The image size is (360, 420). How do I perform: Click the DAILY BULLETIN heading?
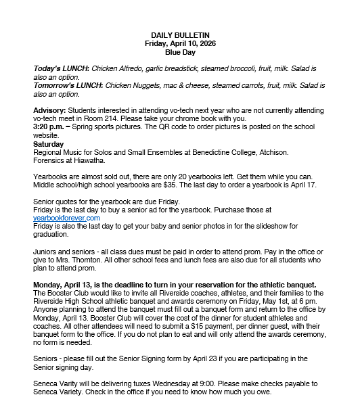[x=179, y=34]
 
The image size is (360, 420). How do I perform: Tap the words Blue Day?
[x=179, y=51]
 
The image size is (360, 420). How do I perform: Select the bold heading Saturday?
[x=49, y=144]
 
